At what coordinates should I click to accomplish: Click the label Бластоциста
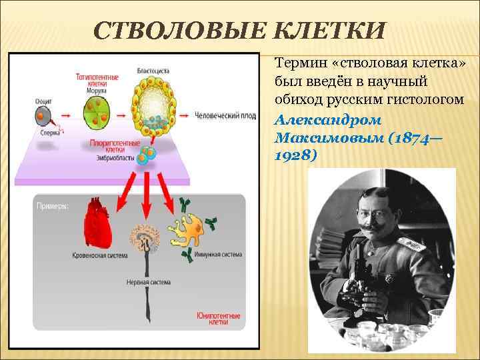point(153,70)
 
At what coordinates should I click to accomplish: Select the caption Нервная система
point(148,282)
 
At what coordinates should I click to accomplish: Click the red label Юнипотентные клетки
point(218,319)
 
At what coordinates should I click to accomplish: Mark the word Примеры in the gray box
point(51,206)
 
